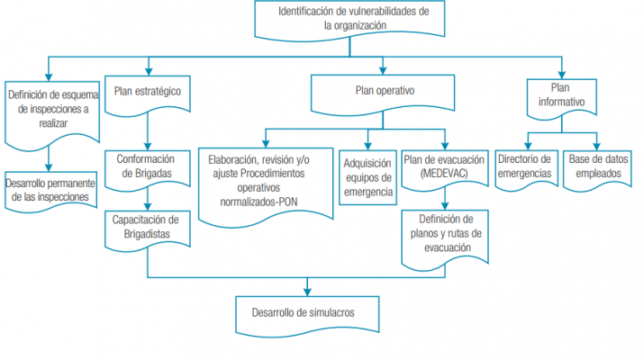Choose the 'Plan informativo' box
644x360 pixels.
coord(560,95)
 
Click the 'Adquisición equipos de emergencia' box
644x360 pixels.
coord(367,175)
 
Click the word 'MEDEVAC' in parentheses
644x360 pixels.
coord(441,174)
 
